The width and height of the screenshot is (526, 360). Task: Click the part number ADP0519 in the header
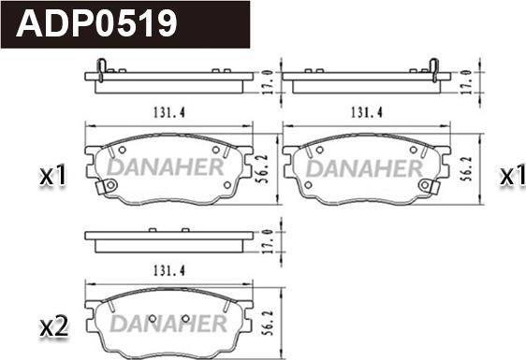[96, 23]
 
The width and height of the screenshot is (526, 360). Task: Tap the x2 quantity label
[53, 327]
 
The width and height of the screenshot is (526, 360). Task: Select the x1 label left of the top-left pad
[52, 176]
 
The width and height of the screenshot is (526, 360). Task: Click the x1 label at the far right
[513, 176]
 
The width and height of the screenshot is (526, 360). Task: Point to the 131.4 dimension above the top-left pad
[169, 112]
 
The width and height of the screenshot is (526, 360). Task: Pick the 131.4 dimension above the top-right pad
[366, 112]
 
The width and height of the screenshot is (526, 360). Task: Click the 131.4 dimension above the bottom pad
[169, 270]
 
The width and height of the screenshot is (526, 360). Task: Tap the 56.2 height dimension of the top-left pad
[262, 168]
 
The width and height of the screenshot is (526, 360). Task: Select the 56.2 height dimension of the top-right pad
[466, 168]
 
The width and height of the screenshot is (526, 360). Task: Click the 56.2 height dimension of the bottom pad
[269, 323]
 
